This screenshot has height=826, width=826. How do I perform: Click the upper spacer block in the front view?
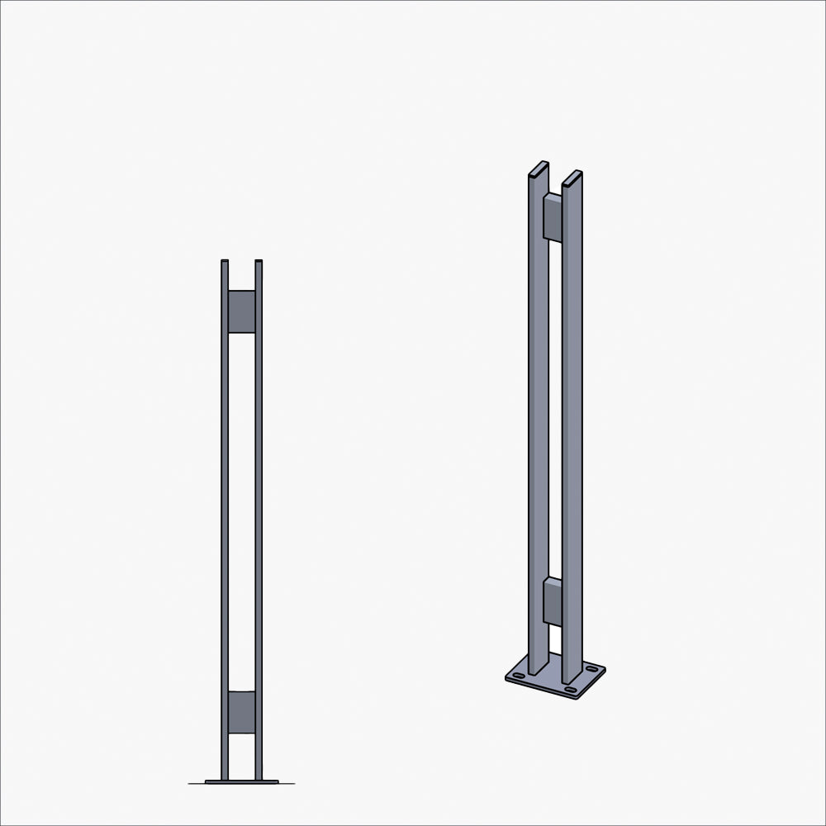point(241,311)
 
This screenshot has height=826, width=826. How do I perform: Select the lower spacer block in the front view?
point(241,712)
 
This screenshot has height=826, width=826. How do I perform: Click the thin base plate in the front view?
point(241,781)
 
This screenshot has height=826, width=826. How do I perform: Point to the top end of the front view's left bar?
point(225,262)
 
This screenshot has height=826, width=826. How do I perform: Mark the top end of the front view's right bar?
point(259,262)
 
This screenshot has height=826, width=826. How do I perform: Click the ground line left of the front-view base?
point(197,783)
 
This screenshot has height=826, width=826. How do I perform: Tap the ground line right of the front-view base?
point(287,783)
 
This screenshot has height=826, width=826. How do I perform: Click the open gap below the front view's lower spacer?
point(241,756)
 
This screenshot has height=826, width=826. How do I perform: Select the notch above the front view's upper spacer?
point(241,276)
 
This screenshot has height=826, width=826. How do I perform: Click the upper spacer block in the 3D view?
point(553,217)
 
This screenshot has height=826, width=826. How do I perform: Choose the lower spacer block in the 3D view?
point(553,601)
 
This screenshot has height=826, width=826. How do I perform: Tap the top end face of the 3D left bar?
point(539,169)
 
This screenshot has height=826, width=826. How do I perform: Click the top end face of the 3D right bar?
point(572,178)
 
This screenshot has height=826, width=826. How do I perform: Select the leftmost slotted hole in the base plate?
point(518,675)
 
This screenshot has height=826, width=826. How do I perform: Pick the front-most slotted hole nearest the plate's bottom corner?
point(570,689)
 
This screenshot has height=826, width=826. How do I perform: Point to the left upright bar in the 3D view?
point(538,413)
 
